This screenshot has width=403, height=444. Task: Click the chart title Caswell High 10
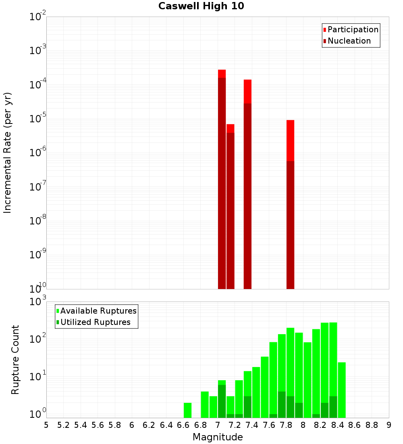201,6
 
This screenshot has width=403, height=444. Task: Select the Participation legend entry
353,29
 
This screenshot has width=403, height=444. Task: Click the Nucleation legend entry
349,41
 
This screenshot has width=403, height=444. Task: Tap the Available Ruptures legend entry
98,311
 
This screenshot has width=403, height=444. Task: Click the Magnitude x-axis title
218,437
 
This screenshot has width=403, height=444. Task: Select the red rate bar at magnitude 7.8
290,202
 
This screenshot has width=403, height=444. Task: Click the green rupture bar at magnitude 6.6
187,410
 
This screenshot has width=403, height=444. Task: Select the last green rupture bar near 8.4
342,390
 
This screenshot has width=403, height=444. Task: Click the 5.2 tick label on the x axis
63,425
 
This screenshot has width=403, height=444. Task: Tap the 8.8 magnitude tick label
372,425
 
